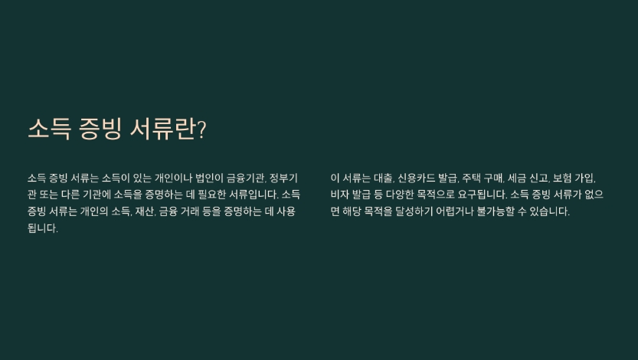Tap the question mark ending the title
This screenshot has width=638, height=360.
click(x=202, y=130)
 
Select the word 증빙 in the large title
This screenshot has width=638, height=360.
click(x=100, y=129)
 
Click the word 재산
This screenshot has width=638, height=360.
click(x=145, y=211)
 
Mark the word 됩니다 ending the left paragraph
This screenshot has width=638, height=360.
click(x=43, y=228)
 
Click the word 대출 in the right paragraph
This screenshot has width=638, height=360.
click(x=384, y=178)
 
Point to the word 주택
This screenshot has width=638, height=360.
click(x=470, y=178)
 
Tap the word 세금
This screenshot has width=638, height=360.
click(x=517, y=178)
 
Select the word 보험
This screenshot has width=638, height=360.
click(x=562, y=178)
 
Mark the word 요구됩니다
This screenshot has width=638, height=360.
click(x=483, y=195)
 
